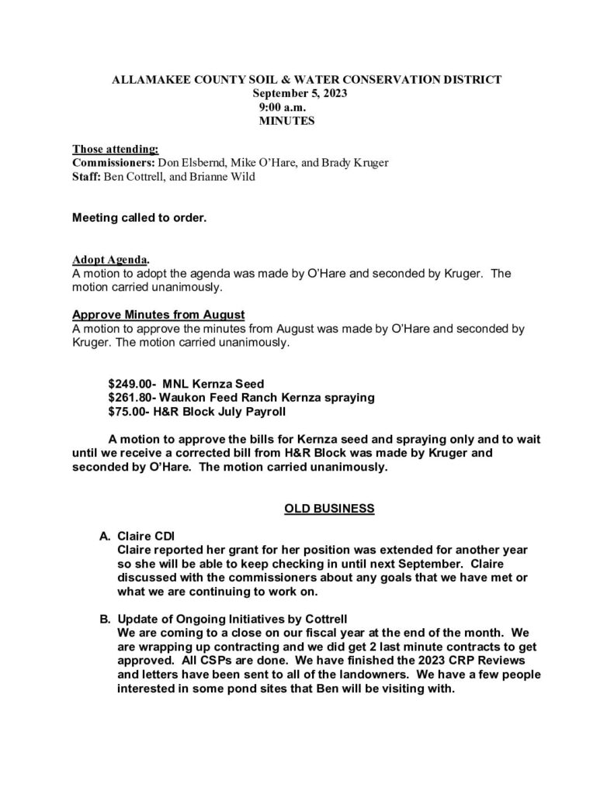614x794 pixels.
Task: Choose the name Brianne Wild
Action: [x=227, y=177]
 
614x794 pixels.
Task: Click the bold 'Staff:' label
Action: [x=86, y=177]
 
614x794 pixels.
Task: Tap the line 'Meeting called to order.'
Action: [x=140, y=218]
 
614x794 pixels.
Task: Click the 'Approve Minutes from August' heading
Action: [x=158, y=314]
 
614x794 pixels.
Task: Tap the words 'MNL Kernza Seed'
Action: [x=213, y=383]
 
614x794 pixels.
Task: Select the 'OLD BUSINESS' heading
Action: [x=330, y=509]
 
